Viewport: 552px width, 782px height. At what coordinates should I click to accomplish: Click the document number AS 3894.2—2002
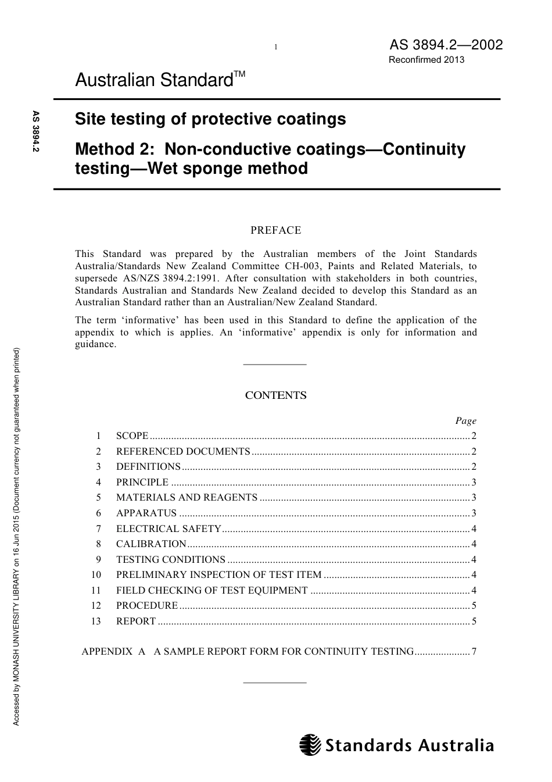tap(446, 45)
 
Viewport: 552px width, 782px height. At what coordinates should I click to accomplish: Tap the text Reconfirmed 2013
tap(426, 60)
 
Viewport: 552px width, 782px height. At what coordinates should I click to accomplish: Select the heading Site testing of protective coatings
tap(210, 119)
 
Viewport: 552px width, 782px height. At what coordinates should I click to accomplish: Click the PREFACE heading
tap(275, 230)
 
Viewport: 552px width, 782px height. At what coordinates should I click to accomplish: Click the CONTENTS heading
tap(275, 395)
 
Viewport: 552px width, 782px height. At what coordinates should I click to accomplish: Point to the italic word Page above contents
tap(465, 420)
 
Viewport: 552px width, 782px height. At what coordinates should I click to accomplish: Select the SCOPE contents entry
tap(132, 436)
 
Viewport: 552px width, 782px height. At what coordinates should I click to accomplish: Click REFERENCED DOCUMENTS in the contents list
tap(182, 451)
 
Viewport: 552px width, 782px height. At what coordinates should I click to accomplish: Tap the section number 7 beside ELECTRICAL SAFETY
tap(98, 529)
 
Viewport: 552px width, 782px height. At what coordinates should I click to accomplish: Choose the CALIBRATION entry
tap(151, 544)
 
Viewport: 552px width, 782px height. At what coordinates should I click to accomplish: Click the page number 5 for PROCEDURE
tap(474, 606)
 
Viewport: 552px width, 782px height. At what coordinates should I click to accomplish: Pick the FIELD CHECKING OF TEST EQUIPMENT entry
tap(212, 590)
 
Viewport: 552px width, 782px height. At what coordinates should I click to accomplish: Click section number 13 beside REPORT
tap(96, 621)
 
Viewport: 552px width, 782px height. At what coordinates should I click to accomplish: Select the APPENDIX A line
tap(248, 652)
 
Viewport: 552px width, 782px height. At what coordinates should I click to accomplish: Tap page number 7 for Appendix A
tap(474, 652)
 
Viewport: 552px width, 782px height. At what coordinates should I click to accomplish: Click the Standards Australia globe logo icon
tap(310, 745)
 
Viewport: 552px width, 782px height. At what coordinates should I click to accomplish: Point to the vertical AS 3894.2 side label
tap(36, 132)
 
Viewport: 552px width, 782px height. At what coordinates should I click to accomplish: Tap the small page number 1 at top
tap(275, 47)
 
